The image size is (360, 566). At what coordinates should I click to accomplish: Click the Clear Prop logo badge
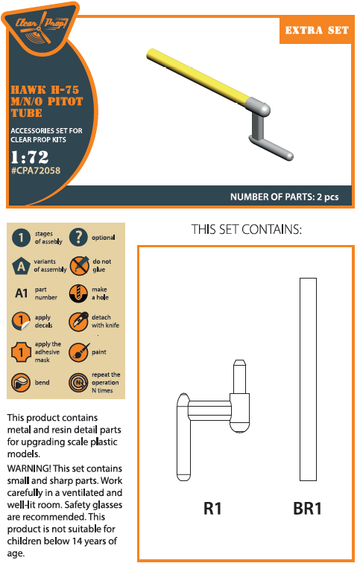[x=40, y=27]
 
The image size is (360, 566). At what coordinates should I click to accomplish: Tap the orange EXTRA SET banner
[x=316, y=30]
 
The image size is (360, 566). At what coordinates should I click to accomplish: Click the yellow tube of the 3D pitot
[x=198, y=74]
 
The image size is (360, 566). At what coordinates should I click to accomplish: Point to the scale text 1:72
[x=30, y=157]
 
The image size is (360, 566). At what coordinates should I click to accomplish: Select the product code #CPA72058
[x=35, y=171]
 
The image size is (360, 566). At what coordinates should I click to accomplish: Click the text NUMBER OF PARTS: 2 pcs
[x=284, y=197]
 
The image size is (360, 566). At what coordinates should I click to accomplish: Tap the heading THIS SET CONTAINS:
[x=246, y=229]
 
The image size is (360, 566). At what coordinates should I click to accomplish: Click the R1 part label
[x=212, y=509]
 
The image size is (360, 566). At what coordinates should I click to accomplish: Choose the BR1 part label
[x=307, y=509]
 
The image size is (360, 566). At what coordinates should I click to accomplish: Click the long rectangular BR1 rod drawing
[x=308, y=379]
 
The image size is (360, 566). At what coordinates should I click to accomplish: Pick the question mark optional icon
[x=78, y=237]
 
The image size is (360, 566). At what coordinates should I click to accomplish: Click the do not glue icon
[x=79, y=265]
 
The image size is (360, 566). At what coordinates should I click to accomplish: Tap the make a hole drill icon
[x=78, y=293]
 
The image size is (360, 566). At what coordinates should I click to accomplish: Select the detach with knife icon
[x=78, y=321]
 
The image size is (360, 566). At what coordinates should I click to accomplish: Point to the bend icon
[x=21, y=383]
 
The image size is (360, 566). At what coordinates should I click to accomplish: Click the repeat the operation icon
[x=78, y=383]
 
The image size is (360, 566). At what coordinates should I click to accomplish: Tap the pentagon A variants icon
[x=22, y=266]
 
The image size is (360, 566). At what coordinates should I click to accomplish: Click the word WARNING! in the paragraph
[x=29, y=468]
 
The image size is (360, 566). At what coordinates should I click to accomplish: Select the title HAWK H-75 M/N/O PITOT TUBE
[x=46, y=101]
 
